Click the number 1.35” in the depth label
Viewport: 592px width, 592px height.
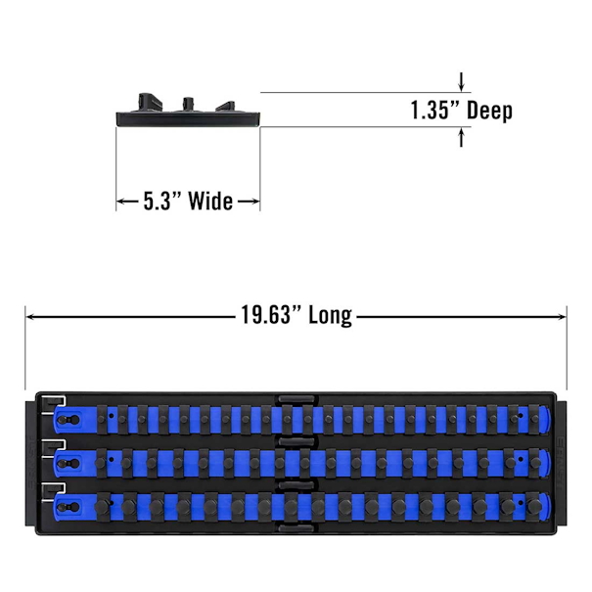pyautogui.click(x=434, y=111)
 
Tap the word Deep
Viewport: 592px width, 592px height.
pyautogui.click(x=489, y=111)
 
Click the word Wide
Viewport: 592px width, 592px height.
pyautogui.click(x=210, y=201)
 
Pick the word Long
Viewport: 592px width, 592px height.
pyautogui.click(x=331, y=316)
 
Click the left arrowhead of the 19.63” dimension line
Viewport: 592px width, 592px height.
pyautogui.click(x=30, y=316)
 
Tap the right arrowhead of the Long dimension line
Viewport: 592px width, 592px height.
pyautogui.click(x=562, y=316)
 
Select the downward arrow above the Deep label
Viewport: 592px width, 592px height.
pyautogui.click(x=461, y=82)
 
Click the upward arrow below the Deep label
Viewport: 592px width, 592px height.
pyautogui.click(x=461, y=137)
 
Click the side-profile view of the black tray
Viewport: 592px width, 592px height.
pyautogui.click(x=188, y=110)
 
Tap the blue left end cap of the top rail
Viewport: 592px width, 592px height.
pyautogui.click(x=68, y=420)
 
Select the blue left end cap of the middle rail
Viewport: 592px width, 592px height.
pyautogui.click(x=68, y=463)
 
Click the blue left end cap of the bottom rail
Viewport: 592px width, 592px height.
pyautogui.click(x=68, y=507)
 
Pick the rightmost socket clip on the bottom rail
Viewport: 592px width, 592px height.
pyautogui.click(x=533, y=507)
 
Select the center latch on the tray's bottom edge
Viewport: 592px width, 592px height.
pyautogui.click(x=296, y=527)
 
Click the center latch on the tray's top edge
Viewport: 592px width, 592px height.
pyautogui.click(x=296, y=399)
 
